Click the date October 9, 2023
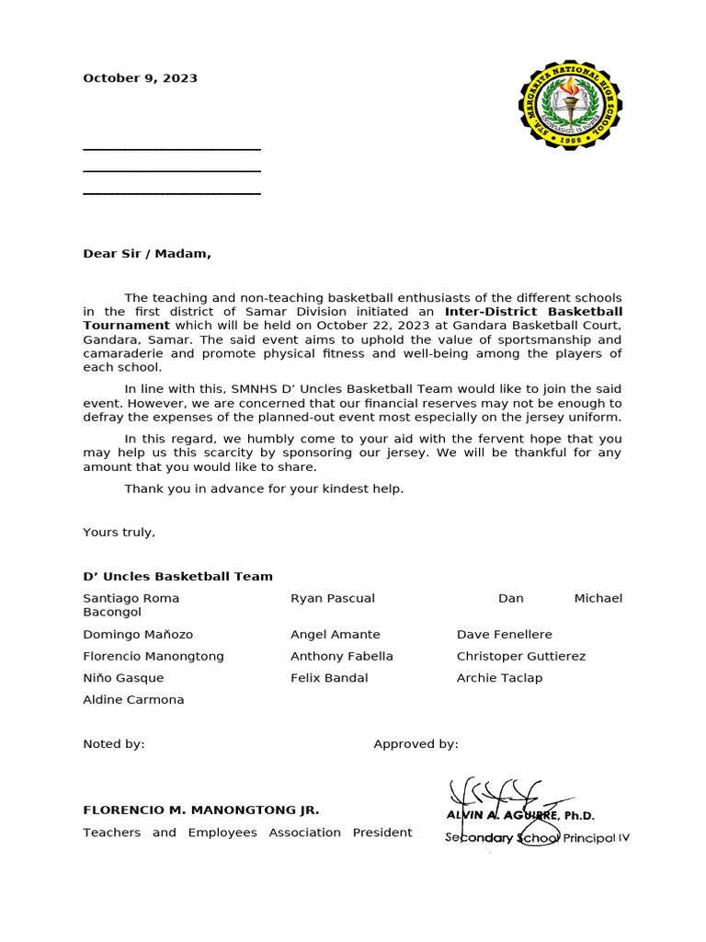[140, 78]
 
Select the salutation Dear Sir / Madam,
[147, 254]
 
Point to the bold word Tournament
[126, 325]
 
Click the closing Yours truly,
[119, 532]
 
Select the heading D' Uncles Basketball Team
[177, 576]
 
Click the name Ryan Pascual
[332, 598]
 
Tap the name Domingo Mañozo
[138, 635]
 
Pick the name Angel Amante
[335, 635]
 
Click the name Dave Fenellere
[504, 635]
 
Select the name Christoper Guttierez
[520, 656]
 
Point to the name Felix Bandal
[329, 678]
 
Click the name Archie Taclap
[499, 678]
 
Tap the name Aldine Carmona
[133, 699]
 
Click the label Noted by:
[113, 744]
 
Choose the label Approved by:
[416, 744]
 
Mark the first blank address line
[172, 148]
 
